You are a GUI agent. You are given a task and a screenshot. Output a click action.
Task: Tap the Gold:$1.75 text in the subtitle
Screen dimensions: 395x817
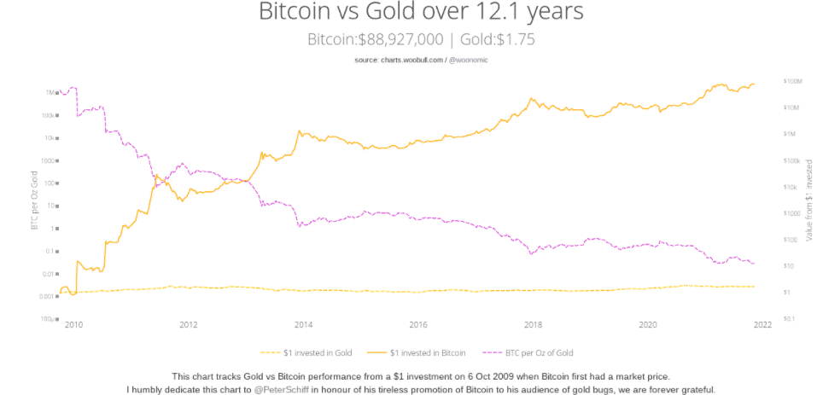pos(498,39)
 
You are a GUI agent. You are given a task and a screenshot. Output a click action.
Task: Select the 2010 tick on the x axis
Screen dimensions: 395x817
pos(73,325)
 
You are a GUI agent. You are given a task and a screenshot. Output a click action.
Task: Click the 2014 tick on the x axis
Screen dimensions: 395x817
pos(302,325)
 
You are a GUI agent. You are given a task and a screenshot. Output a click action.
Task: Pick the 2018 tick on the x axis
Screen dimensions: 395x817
pos(533,325)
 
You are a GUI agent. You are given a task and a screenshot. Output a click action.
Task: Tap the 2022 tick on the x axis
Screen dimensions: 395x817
pos(762,325)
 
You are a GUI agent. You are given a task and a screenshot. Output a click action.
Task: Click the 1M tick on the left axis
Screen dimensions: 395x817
pos(50,92)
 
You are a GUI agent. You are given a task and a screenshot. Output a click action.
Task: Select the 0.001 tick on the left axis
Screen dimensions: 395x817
pos(48,296)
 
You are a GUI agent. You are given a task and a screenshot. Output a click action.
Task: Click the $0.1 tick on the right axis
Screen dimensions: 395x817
pos(789,319)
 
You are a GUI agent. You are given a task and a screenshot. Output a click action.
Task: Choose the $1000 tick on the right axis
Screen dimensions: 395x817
pos(791,213)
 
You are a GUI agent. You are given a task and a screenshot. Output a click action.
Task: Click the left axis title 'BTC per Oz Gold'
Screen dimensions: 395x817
pos(34,200)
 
